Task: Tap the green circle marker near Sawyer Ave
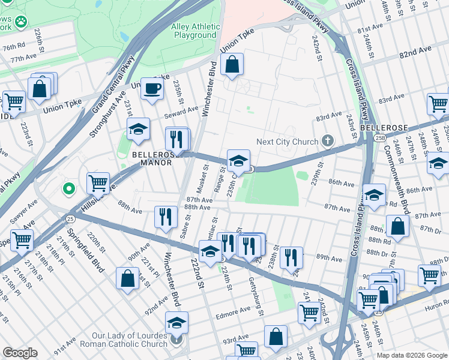69,189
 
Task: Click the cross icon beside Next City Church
327,142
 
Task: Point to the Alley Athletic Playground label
194,31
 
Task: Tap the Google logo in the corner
20,352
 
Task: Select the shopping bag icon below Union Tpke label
232,64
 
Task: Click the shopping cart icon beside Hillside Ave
98,182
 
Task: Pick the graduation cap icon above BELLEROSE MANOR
138,128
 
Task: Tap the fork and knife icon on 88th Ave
166,217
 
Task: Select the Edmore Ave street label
237,311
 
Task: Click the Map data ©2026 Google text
411,355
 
